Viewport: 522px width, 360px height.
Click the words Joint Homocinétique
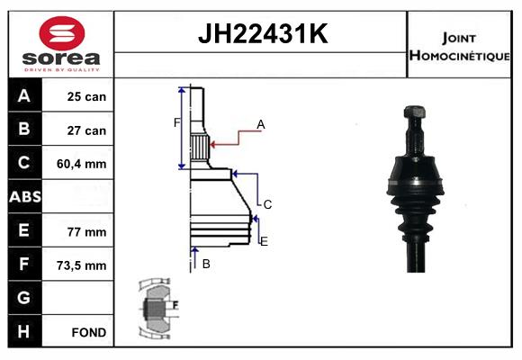(x=460, y=46)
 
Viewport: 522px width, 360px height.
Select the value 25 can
(x=87, y=97)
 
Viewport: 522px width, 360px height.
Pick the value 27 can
(x=87, y=130)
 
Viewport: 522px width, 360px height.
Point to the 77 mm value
(x=87, y=231)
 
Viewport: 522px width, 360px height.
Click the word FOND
(x=89, y=332)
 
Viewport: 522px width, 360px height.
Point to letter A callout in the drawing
(x=260, y=124)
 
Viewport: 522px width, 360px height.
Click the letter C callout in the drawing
(x=267, y=204)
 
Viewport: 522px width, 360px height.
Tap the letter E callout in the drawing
(x=263, y=241)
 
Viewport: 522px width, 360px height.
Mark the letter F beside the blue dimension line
(x=177, y=122)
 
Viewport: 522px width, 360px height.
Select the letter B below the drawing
(x=206, y=264)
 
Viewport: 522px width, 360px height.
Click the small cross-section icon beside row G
(x=157, y=308)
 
